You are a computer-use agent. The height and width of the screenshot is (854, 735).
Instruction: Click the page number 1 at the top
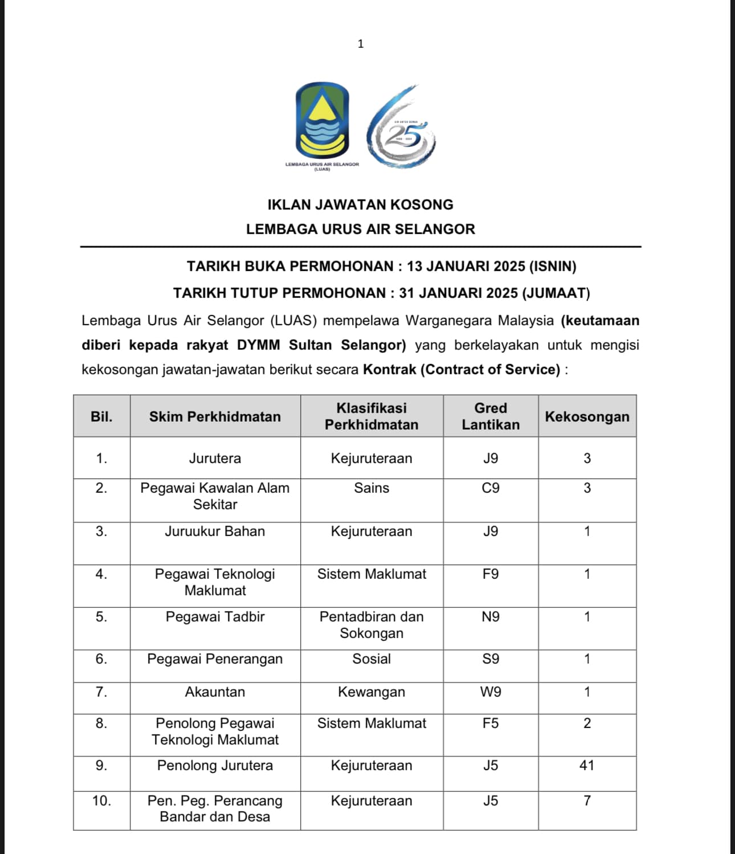360,44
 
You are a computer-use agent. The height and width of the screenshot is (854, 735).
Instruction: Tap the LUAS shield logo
322,121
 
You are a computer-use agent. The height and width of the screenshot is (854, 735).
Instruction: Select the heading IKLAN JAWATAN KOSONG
361,205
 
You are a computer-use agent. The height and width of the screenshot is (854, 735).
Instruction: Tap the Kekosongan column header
587,416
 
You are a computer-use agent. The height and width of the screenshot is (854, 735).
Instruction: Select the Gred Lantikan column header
491,416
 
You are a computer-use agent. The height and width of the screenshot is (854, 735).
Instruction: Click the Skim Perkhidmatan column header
215,416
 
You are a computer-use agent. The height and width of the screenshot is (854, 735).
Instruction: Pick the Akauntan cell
215,692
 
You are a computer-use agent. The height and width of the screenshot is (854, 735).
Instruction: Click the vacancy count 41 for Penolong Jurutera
587,765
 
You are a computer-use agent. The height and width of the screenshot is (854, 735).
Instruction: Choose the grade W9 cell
491,692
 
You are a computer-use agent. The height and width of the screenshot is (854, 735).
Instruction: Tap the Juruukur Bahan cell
215,531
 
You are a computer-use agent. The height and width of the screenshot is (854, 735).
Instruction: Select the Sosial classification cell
371,659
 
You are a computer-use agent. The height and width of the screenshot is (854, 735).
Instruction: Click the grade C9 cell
491,488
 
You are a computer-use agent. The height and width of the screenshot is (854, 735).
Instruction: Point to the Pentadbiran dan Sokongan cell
371,625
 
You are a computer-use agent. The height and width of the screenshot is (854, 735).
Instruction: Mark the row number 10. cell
101,800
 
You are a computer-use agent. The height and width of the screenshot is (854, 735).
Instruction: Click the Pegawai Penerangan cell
215,659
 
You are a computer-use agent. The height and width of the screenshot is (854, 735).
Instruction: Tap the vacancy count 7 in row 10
587,800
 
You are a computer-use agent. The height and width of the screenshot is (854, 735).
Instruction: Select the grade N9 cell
491,616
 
